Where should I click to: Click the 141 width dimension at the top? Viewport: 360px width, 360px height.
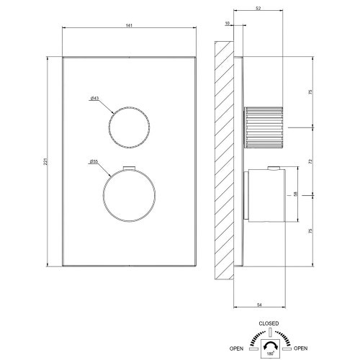(130, 25)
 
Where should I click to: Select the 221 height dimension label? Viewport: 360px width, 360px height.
(45, 164)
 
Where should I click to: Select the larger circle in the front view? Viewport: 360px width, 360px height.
(129, 196)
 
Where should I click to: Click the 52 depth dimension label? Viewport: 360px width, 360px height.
(258, 9)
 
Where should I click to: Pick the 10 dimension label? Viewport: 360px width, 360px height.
(228, 24)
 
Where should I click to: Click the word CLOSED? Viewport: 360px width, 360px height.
(270, 323)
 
